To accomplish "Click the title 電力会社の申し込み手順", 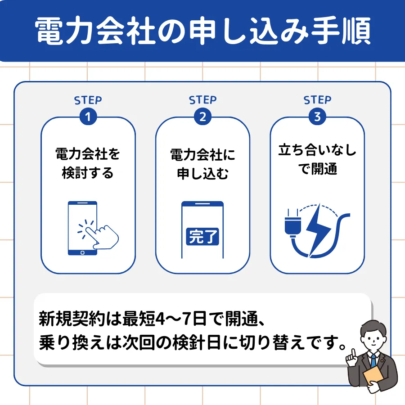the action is tap(203, 31).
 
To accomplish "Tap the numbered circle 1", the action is tap(88, 117).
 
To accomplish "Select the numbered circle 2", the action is tap(203, 117).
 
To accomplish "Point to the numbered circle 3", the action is tap(317, 117).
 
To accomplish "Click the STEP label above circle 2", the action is tap(203, 100).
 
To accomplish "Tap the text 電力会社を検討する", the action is tap(88, 163).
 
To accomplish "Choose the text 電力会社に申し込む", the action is tap(203, 164).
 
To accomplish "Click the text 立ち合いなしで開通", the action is tap(317, 159).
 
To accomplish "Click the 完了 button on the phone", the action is tap(202, 236).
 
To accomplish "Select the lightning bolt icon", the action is tap(318, 230).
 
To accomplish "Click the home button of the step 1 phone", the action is tap(82, 252).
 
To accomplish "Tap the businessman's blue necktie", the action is tap(373, 360).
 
